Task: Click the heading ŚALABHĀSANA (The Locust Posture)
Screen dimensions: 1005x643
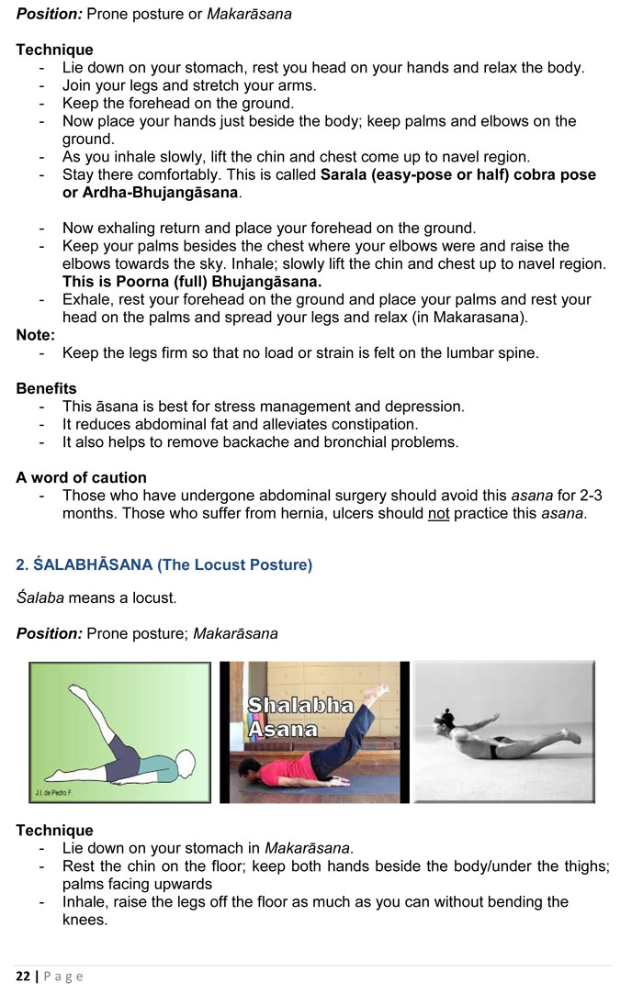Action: pos(164,564)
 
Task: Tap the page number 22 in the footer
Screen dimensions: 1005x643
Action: pos(23,976)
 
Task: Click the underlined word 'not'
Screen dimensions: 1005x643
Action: pos(438,513)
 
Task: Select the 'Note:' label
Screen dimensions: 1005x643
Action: pos(36,335)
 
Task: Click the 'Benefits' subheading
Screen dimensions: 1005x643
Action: pos(46,388)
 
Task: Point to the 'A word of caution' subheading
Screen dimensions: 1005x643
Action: pos(81,477)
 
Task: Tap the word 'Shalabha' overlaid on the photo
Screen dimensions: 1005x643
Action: pos(300,706)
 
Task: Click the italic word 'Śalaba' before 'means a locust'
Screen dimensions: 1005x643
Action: pos(39,598)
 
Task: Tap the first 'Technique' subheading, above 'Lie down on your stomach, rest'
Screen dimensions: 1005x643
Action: pos(54,50)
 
